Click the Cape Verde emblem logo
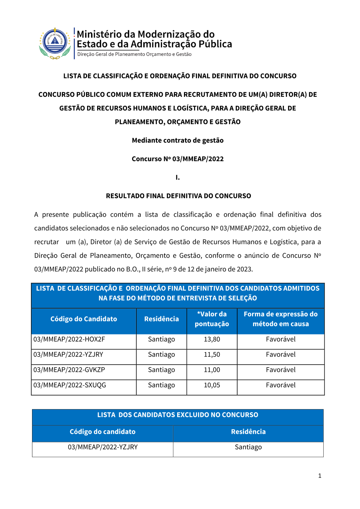click(55, 43)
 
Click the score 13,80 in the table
click(212, 339)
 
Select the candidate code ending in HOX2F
click(69, 339)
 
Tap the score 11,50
click(212, 355)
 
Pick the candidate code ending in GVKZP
click(69, 370)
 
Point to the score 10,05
click(212, 385)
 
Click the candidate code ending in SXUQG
click(70, 385)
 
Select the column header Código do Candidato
click(84, 319)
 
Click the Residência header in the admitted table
click(161, 319)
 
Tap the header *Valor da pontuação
click(212, 319)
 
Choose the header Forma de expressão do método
click(280, 319)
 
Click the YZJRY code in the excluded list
click(103, 447)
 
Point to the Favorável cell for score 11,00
click(280, 370)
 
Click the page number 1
click(319, 476)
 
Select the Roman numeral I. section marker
click(177, 177)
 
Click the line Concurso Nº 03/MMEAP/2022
click(177, 159)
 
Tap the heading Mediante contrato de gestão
click(177, 140)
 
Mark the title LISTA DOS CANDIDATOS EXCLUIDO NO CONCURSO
click(177, 415)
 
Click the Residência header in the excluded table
click(248, 432)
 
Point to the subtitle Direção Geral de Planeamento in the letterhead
click(134, 54)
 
